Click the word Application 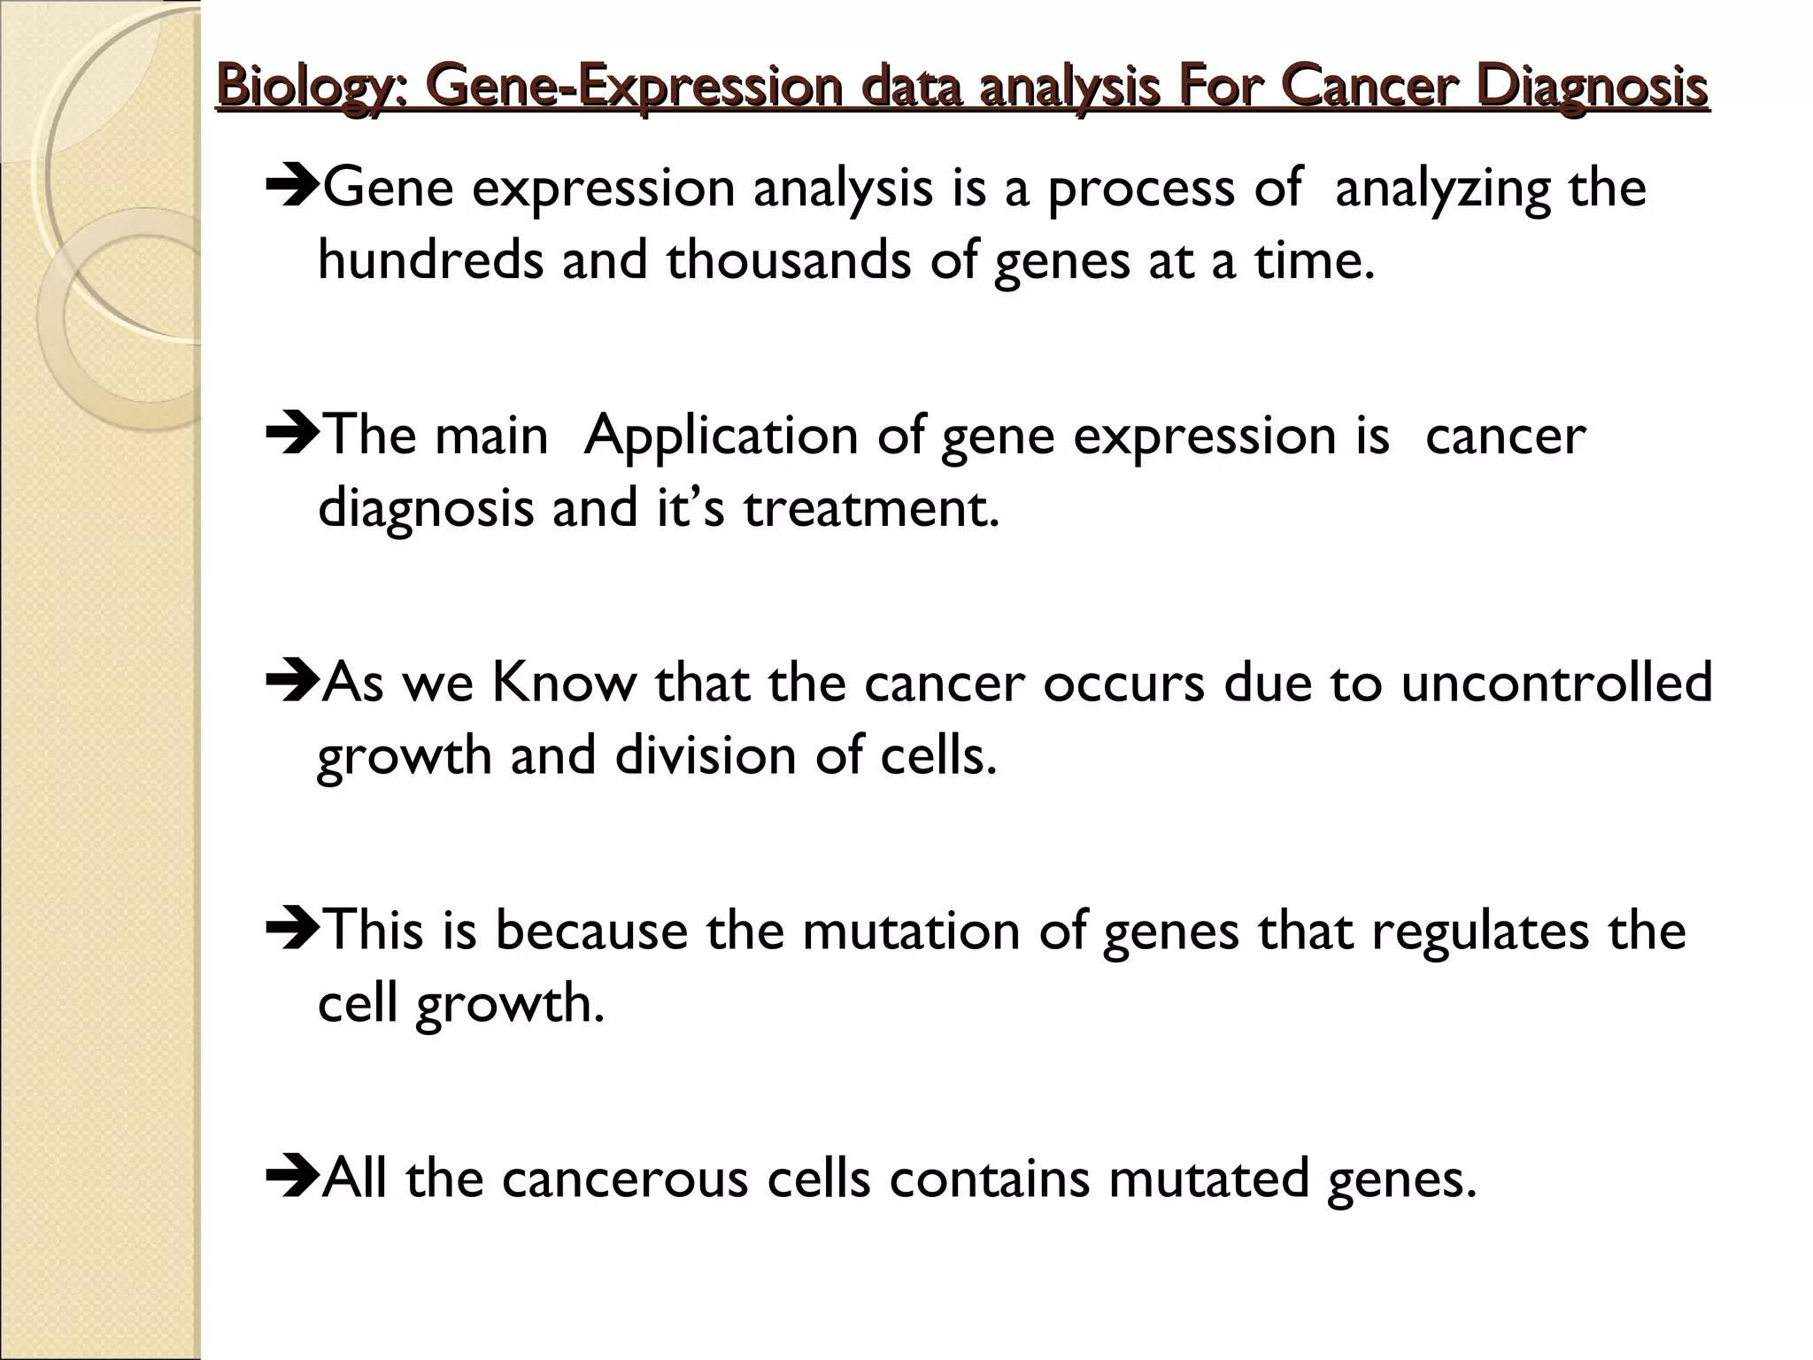[721, 438]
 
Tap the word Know [564, 684]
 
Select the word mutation [911, 931]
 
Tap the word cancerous [625, 1179]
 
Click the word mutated [1208, 1179]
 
